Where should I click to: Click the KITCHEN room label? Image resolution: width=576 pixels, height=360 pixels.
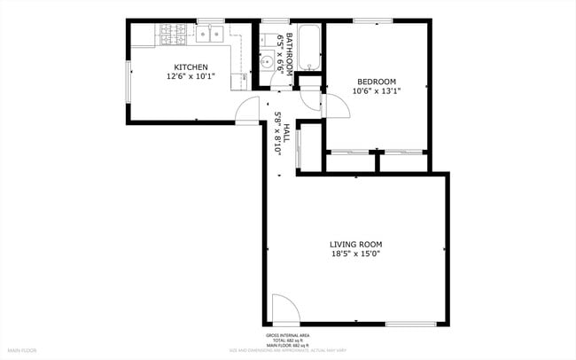[191, 67]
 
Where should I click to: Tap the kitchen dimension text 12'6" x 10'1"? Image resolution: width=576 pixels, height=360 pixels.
[191, 76]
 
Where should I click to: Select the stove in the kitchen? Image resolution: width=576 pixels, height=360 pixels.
[173, 35]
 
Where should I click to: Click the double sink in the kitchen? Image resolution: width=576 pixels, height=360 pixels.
[210, 35]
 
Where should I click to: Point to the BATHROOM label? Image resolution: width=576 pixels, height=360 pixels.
[288, 54]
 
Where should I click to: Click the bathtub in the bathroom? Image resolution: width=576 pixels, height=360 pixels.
[308, 49]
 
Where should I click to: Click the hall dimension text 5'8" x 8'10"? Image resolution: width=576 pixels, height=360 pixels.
[277, 134]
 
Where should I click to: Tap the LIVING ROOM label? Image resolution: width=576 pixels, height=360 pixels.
[355, 244]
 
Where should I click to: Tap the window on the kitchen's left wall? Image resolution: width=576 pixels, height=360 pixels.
[128, 82]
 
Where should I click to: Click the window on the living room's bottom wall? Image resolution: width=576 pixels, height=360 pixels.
[409, 324]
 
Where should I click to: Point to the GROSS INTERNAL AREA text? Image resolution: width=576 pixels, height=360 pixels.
[288, 335]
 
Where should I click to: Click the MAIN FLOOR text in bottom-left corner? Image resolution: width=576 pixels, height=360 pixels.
[21, 350]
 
